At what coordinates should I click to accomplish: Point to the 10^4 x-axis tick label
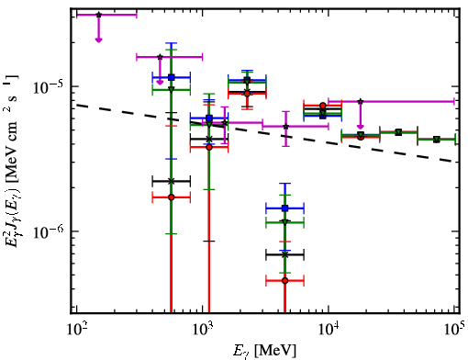pos(329,329)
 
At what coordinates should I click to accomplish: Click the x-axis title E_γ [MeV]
pos(264,351)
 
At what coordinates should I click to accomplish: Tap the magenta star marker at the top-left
pos(98,15)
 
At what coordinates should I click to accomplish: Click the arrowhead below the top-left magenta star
pos(98,39)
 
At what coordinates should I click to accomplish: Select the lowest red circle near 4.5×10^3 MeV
pos(285,280)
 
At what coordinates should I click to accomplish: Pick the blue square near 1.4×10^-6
pos(285,208)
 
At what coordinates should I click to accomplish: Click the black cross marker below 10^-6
pos(285,254)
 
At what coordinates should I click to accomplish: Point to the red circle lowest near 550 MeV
pos(172,197)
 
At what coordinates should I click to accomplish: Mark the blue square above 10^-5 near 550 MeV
pos(172,77)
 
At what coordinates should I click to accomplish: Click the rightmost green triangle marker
pos(437,140)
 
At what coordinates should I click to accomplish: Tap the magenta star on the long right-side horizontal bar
pos(361,101)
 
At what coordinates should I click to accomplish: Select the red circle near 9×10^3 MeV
pos(323,106)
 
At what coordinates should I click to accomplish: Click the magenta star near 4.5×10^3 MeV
pos(286,126)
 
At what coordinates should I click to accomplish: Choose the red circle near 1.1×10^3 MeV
pos(209,147)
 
